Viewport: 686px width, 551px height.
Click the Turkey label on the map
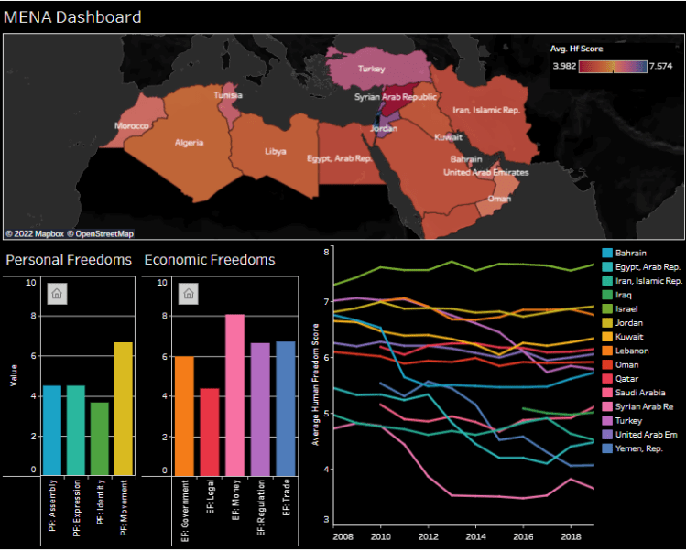pos(371,69)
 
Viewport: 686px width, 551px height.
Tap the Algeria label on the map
pos(190,143)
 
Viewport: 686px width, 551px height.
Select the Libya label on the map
pos(275,151)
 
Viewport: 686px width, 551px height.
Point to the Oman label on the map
pos(499,198)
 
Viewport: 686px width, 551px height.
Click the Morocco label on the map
pos(132,125)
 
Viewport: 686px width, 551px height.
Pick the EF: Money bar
pos(234,394)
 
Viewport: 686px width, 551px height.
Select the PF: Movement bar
pos(124,408)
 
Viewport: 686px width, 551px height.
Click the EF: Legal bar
pos(210,431)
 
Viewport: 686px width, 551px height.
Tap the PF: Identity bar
pos(100,438)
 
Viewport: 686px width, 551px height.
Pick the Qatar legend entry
pos(627,378)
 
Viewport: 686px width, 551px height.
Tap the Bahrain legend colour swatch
pos(607,253)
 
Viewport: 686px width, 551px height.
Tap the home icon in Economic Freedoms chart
pos(188,293)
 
